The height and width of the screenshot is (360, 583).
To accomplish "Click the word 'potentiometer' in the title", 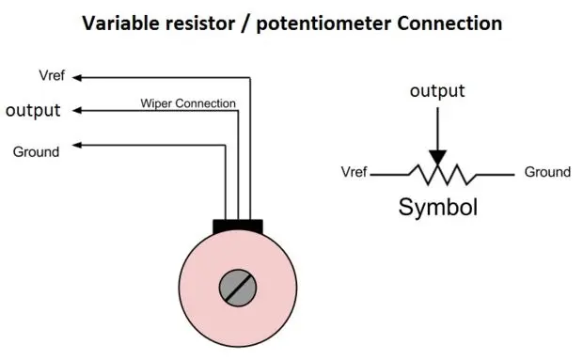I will tap(326, 23).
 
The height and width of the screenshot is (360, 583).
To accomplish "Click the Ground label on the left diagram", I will tap(36, 151).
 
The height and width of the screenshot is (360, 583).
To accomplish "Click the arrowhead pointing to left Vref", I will tap(78, 76).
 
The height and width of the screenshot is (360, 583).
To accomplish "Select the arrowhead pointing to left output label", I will tap(78, 110).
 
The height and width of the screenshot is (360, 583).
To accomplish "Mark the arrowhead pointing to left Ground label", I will tap(78, 145).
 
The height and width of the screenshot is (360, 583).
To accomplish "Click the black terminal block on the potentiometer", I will tap(238, 226).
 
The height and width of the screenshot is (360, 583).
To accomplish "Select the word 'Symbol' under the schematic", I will tap(437, 207).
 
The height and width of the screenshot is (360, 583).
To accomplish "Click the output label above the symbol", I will tap(436, 90).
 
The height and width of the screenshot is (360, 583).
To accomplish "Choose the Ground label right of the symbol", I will tap(547, 172).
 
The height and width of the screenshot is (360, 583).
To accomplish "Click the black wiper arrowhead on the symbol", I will tap(436, 157).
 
